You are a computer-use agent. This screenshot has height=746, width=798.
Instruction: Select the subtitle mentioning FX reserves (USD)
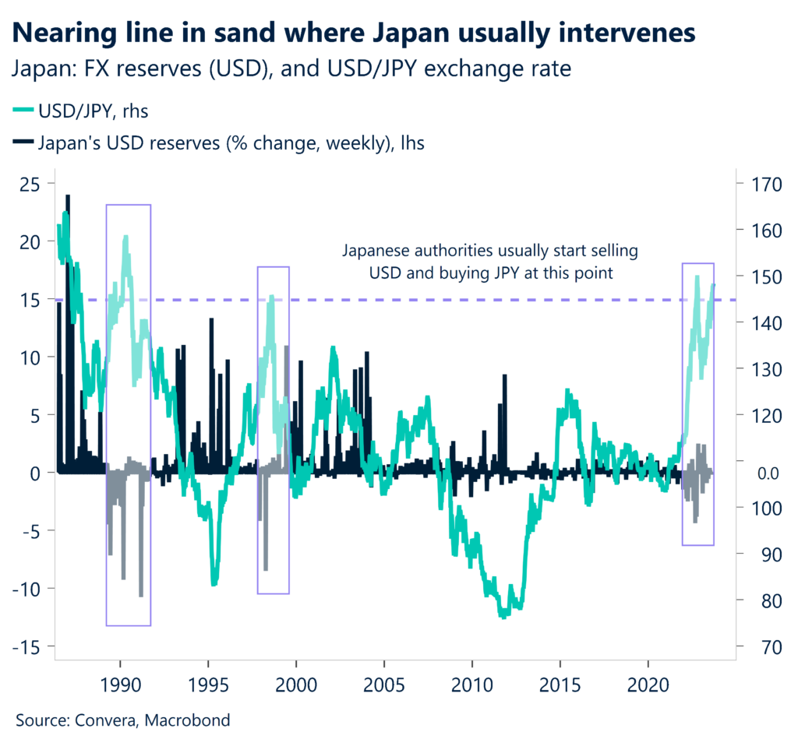pyautogui.click(x=292, y=69)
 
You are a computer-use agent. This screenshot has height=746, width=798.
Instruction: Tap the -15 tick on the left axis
pyautogui.click(x=29, y=646)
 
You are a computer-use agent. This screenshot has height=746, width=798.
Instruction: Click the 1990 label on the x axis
pyautogui.click(x=121, y=685)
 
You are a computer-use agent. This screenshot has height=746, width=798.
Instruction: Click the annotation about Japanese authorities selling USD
pyautogui.click(x=491, y=262)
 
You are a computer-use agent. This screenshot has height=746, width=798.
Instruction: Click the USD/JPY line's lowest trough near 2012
pyautogui.click(x=503, y=616)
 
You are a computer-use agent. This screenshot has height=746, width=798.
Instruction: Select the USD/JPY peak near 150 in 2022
pyautogui.click(x=697, y=276)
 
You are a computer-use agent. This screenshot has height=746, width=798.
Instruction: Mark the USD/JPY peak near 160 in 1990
pyautogui.click(x=125, y=236)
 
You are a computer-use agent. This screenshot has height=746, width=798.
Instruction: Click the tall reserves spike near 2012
pyautogui.click(x=505, y=376)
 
